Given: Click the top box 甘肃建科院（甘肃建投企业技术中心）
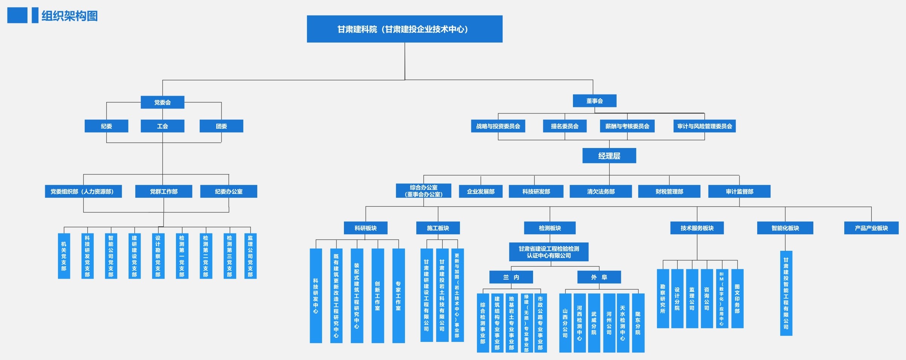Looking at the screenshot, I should coord(404,29).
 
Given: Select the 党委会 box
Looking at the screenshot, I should coord(162,102).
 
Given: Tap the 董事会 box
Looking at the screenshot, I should coord(594,101).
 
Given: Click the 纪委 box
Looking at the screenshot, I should coord(106,126).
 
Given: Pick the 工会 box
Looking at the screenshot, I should coord(162,126).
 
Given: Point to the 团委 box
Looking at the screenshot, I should coord(221,126).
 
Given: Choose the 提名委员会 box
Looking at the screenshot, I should coord(564,126).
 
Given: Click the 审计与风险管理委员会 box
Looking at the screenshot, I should coord(704,126).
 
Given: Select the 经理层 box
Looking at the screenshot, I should coord(609,156).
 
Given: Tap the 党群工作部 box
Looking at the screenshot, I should coord(163,191).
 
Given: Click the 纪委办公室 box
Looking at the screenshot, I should coord(228,191).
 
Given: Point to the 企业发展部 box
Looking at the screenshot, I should coord(480,191).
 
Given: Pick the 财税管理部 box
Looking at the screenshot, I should coord(669,191).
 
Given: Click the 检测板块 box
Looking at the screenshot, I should coord(549,228).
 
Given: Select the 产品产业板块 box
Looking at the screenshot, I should coord(871,228).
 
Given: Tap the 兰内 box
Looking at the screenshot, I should coord(511,277).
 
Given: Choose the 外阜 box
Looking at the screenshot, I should coord(599,277).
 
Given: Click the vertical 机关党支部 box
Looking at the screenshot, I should coord(64,256).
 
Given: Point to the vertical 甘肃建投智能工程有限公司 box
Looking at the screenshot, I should coord(786,293).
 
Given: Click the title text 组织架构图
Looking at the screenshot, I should coord(69,16).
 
